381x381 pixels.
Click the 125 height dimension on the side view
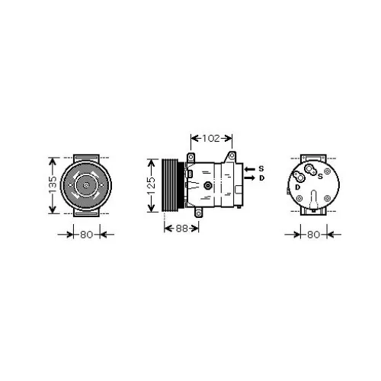[152, 185]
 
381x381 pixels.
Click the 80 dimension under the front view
[85, 234]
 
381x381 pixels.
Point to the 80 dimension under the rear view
[312, 234]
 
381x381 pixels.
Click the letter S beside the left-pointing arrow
[260, 168]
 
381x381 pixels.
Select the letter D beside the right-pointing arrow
[261, 178]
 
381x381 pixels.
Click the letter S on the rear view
[320, 177]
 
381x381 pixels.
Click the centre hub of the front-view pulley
[85, 185]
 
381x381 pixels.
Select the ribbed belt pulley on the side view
[169, 185]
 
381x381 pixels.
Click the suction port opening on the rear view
[310, 169]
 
